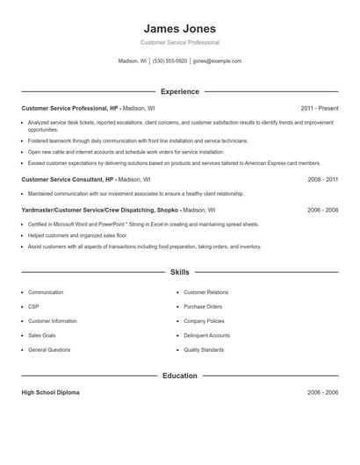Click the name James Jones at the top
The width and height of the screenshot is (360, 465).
pyautogui.click(x=179, y=29)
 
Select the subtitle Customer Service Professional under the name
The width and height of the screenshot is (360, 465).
pyautogui.click(x=179, y=42)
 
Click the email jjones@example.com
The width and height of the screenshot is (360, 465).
pyautogui.click(x=217, y=61)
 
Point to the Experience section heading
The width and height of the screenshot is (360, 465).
pyautogui.click(x=179, y=91)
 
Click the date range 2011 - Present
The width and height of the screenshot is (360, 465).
pyautogui.click(x=319, y=108)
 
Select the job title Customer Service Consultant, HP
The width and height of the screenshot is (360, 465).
pyautogui.click(x=68, y=179)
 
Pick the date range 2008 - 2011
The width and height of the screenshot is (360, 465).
pyautogui.click(x=322, y=179)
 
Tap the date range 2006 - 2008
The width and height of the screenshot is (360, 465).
pyautogui.click(x=322, y=211)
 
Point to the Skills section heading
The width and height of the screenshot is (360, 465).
pyautogui.click(x=179, y=273)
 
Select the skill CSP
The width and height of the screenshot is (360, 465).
pyautogui.click(x=34, y=306)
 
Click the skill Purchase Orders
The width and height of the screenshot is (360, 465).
pyautogui.click(x=203, y=306)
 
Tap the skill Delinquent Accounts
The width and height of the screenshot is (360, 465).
pyautogui.click(x=206, y=335)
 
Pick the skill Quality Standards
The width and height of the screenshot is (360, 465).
pyautogui.click(x=204, y=349)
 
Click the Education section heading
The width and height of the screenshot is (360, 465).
pyautogui.click(x=179, y=376)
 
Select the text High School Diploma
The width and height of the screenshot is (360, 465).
pyautogui.click(x=50, y=392)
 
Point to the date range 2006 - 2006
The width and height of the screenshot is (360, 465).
pyautogui.click(x=322, y=392)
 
